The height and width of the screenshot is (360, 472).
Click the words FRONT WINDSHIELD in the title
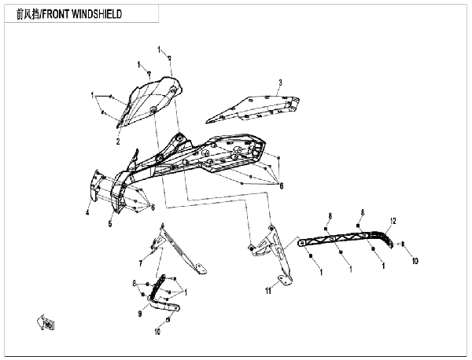tap(82, 14)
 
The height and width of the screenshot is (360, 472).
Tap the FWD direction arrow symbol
tap(46, 322)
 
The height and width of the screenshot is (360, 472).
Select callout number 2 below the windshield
tap(118, 141)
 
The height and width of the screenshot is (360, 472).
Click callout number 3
tap(280, 82)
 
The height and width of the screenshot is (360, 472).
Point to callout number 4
tap(87, 212)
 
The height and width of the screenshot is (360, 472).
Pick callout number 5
tap(110, 223)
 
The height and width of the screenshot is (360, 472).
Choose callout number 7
tap(141, 264)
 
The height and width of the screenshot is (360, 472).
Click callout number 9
tap(140, 314)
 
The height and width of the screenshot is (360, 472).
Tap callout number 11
tap(268, 291)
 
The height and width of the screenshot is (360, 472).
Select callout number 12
tap(393, 221)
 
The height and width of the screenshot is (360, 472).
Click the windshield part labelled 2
tap(149, 101)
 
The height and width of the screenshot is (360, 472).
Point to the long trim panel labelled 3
tap(253, 109)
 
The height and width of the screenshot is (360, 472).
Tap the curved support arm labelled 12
tap(345, 238)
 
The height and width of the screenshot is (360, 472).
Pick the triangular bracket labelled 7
tap(178, 248)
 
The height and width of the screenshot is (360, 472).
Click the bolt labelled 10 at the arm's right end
tap(403, 244)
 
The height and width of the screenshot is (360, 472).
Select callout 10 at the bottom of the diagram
tap(157, 332)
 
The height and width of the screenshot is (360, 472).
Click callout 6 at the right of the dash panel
tap(281, 186)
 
